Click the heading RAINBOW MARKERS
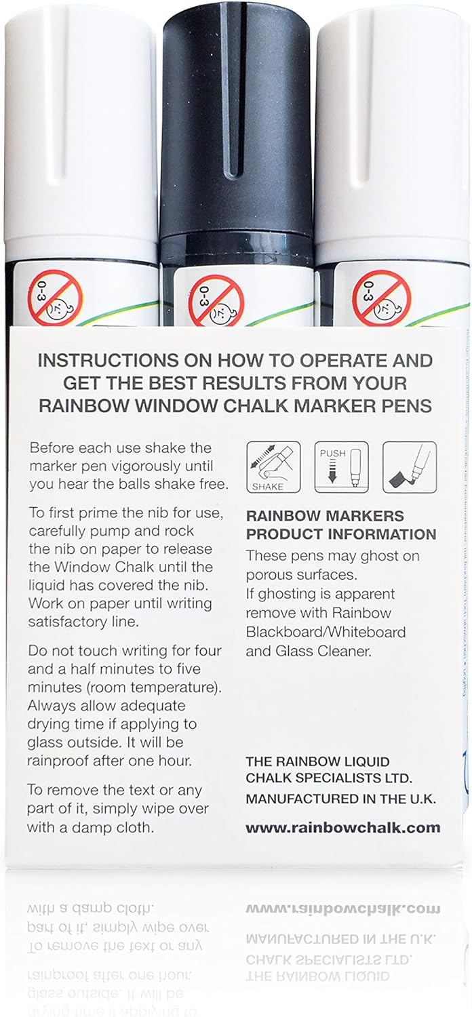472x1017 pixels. click(325, 516)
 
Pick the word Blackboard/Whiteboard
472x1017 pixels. click(326, 632)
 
